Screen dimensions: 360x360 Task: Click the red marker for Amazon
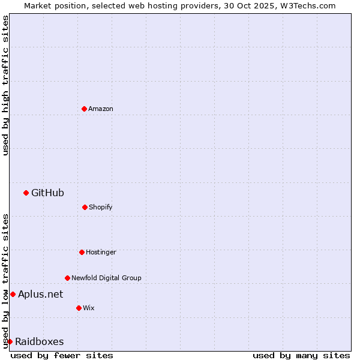coord(84,109)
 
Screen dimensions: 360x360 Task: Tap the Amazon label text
coord(101,109)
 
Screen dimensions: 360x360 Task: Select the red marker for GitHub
coord(26,193)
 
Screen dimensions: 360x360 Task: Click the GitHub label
coord(47,193)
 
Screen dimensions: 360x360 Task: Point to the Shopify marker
coord(85,207)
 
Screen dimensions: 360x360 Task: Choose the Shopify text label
coord(101,207)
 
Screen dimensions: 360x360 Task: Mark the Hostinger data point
coord(82,252)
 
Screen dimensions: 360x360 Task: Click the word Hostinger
coord(101,252)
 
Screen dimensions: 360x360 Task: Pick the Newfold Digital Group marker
coord(67,278)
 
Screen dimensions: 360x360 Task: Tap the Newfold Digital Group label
coord(106,278)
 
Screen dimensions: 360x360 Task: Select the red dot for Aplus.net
coord(13,294)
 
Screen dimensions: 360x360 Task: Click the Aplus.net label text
coord(40,294)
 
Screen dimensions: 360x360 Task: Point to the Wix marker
coord(79,308)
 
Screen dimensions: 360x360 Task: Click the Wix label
coord(89,308)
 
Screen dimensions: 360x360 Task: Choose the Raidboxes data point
coord(10,341)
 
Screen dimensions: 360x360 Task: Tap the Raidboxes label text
coord(40,341)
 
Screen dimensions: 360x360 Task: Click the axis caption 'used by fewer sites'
coord(62,355)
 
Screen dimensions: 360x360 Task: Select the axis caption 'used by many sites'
coord(301,355)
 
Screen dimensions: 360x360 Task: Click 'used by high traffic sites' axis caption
coord(5,85)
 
